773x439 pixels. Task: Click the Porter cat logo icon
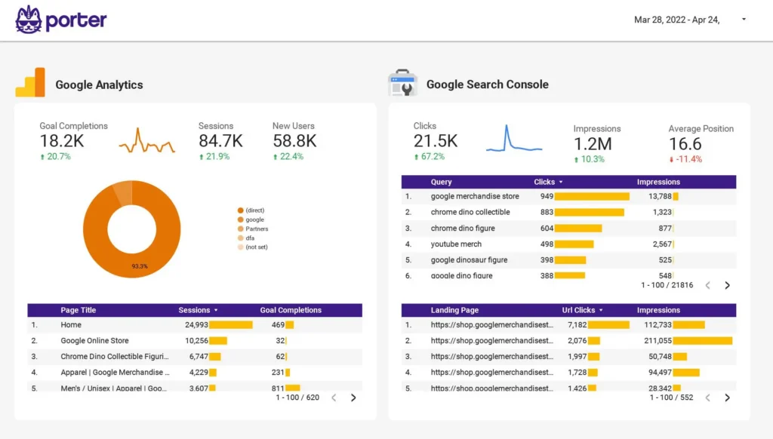(x=28, y=20)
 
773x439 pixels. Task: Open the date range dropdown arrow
(x=744, y=20)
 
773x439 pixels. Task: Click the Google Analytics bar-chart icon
(x=30, y=83)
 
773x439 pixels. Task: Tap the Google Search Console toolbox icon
(x=402, y=84)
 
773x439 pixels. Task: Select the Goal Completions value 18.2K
(x=62, y=141)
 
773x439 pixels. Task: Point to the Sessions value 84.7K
(x=220, y=141)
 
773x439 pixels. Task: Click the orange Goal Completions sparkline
(x=146, y=142)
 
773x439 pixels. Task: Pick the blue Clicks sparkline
(x=513, y=140)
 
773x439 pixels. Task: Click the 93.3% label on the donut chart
(x=139, y=266)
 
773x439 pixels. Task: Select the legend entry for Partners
(x=256, y=229)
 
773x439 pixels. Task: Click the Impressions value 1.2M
(x=593, y=144)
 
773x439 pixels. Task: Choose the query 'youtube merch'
(x=456, y=244)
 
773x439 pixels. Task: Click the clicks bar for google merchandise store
(x=593, y=196)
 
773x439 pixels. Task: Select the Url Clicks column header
(x=579, y=310)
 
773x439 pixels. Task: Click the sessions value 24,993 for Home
(x=196, y=325)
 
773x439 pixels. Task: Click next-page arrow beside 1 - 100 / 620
(x=353, y=398)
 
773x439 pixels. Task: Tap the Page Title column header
(x=79, y=310)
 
